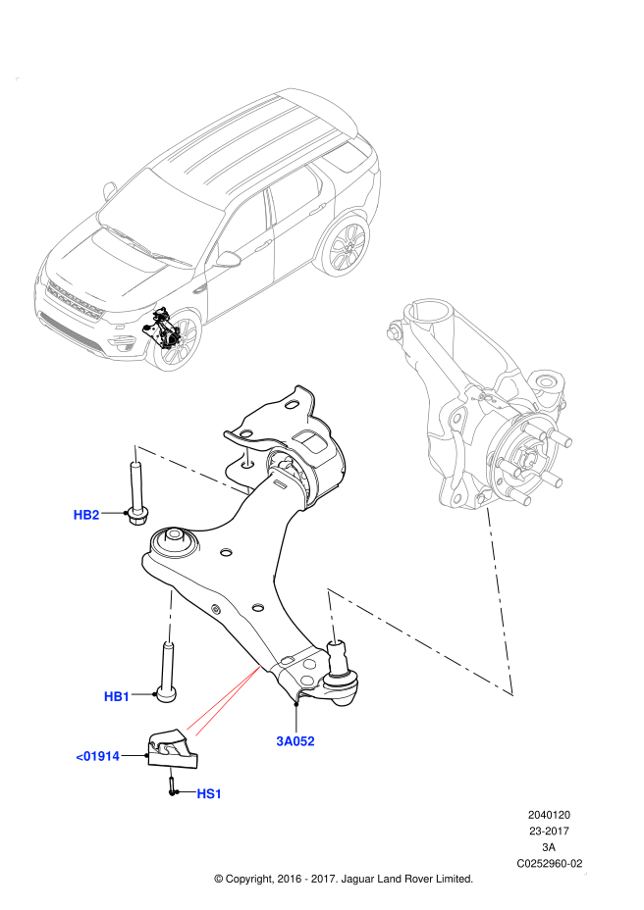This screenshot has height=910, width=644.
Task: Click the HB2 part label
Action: (86, 514)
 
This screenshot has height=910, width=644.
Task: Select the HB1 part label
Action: (116, 696)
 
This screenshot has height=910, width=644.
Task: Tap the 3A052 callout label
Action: (295, 741)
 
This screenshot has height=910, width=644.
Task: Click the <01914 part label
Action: (98, 756)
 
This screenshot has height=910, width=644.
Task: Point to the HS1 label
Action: (209, 793)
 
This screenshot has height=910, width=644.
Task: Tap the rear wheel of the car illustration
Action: (346, 248)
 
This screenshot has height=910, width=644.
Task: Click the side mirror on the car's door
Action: (228, 259)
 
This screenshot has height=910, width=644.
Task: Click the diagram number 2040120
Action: (549, 815)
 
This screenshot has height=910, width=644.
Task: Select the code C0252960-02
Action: (549, 863)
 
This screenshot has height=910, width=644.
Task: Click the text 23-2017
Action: (549, 831)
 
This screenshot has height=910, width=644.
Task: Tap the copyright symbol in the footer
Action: (219, 880)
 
